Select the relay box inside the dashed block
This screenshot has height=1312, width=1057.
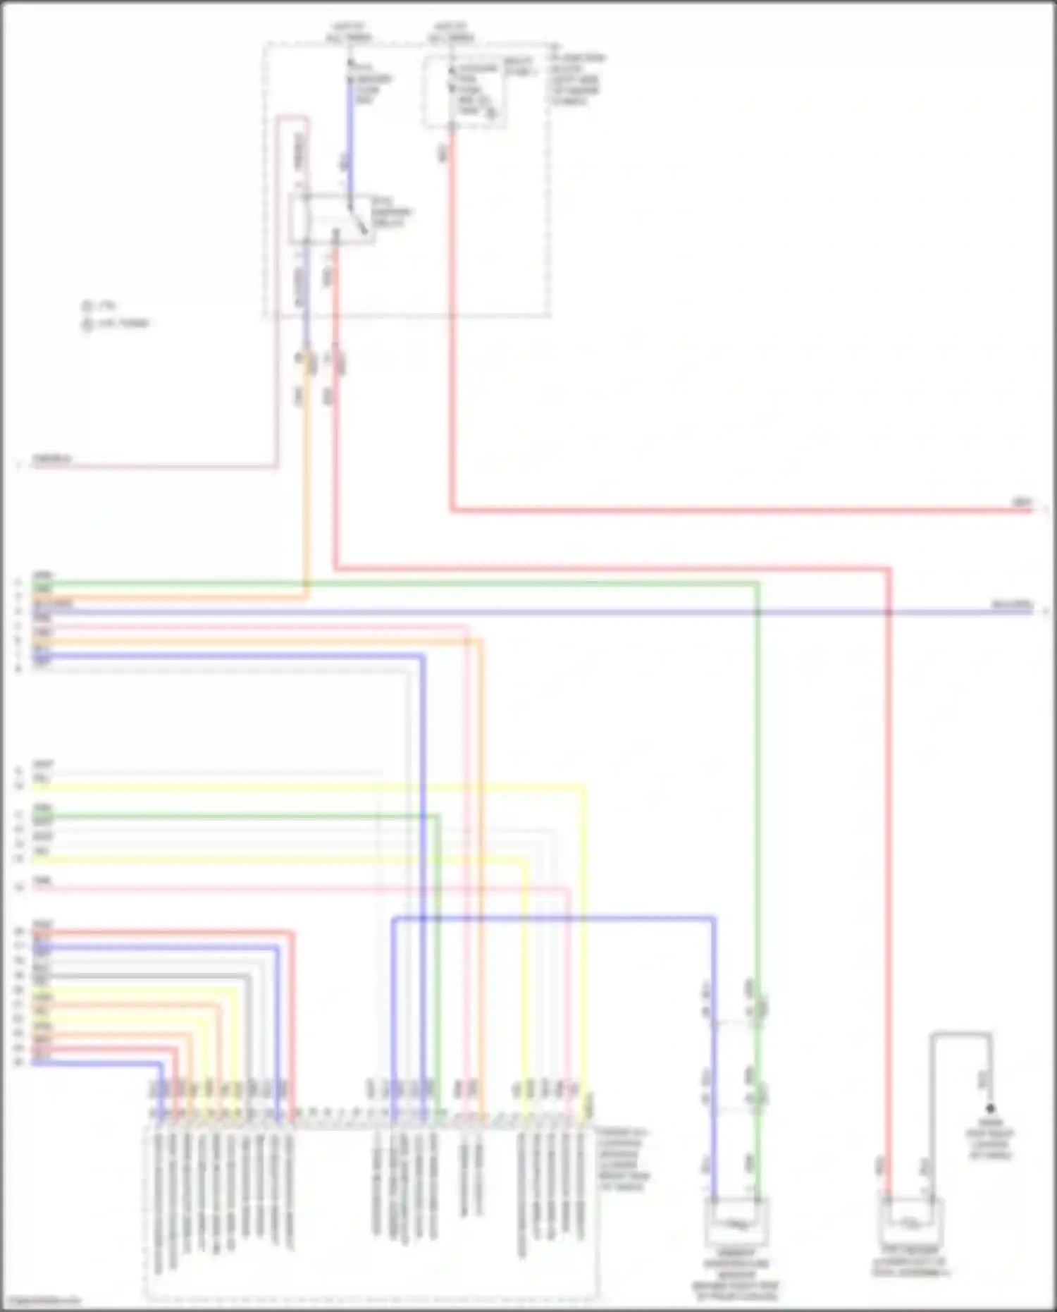click(331, 219)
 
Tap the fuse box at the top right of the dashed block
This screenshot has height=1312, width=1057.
click(464, 92)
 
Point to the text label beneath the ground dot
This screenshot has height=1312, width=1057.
click(990, 1139)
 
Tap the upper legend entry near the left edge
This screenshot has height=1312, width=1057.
click(99, 307)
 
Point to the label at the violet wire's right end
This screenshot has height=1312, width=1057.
click(1012, 605)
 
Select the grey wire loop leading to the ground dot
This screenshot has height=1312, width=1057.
click(961, 1035)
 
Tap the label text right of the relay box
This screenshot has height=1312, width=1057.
click(392, 211)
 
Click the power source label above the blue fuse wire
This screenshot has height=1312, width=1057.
click(350, 32)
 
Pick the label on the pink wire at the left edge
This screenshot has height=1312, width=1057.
click(52, 460)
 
